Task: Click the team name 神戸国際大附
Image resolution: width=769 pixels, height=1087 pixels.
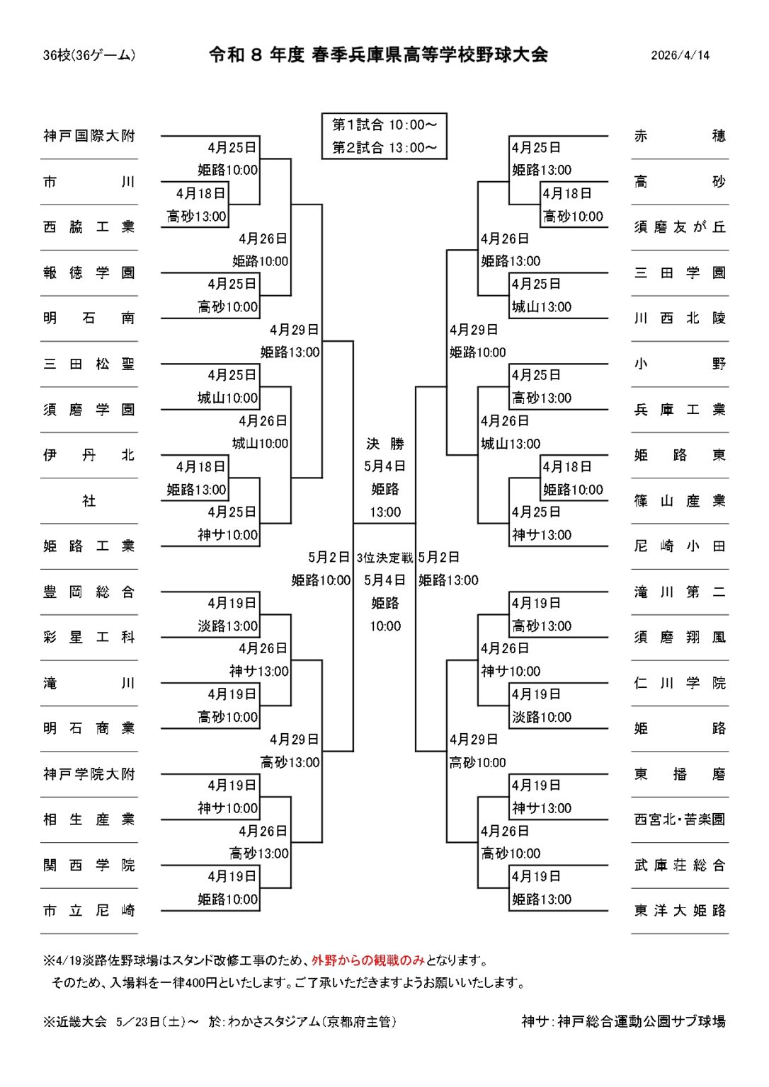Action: [x=89, y=136]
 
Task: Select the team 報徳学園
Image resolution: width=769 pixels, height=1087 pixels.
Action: [x=89, y=272]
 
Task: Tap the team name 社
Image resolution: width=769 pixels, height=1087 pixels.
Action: [x=89, y=501]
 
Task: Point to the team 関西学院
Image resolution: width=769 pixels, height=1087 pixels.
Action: [x=89, y=865]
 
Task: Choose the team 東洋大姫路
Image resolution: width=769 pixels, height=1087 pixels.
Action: [x=680, y=910]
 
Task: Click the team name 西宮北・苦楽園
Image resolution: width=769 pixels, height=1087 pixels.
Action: [x=680, y=819]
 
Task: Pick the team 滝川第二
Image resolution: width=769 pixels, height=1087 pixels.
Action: [x=680, y=592]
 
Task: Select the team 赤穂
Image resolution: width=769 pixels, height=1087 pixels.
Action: [x=680, y=136]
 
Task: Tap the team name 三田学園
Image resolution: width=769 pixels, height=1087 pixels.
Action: [x=680, y=272]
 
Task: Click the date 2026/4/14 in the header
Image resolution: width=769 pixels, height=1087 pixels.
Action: [x=680, y=55]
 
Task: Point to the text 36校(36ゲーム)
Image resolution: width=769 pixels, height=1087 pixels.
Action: [x=89, y=55]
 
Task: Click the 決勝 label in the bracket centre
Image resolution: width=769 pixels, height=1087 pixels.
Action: [x=385, y=444]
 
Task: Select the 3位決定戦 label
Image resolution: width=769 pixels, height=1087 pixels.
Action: [x=385, y=558]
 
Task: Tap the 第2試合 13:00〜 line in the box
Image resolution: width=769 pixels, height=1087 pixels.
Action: [x=384, y=147]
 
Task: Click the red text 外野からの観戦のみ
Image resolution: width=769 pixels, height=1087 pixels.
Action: [x=368, y=960]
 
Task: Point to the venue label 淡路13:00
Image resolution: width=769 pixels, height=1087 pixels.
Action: [x=228, y=626]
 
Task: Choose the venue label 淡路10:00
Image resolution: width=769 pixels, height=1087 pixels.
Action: [x=542, y=717]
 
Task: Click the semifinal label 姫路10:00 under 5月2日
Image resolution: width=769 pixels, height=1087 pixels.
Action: [x=321, y=580]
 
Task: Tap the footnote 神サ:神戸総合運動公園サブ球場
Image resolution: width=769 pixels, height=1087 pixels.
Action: [x=623, y=1021]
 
